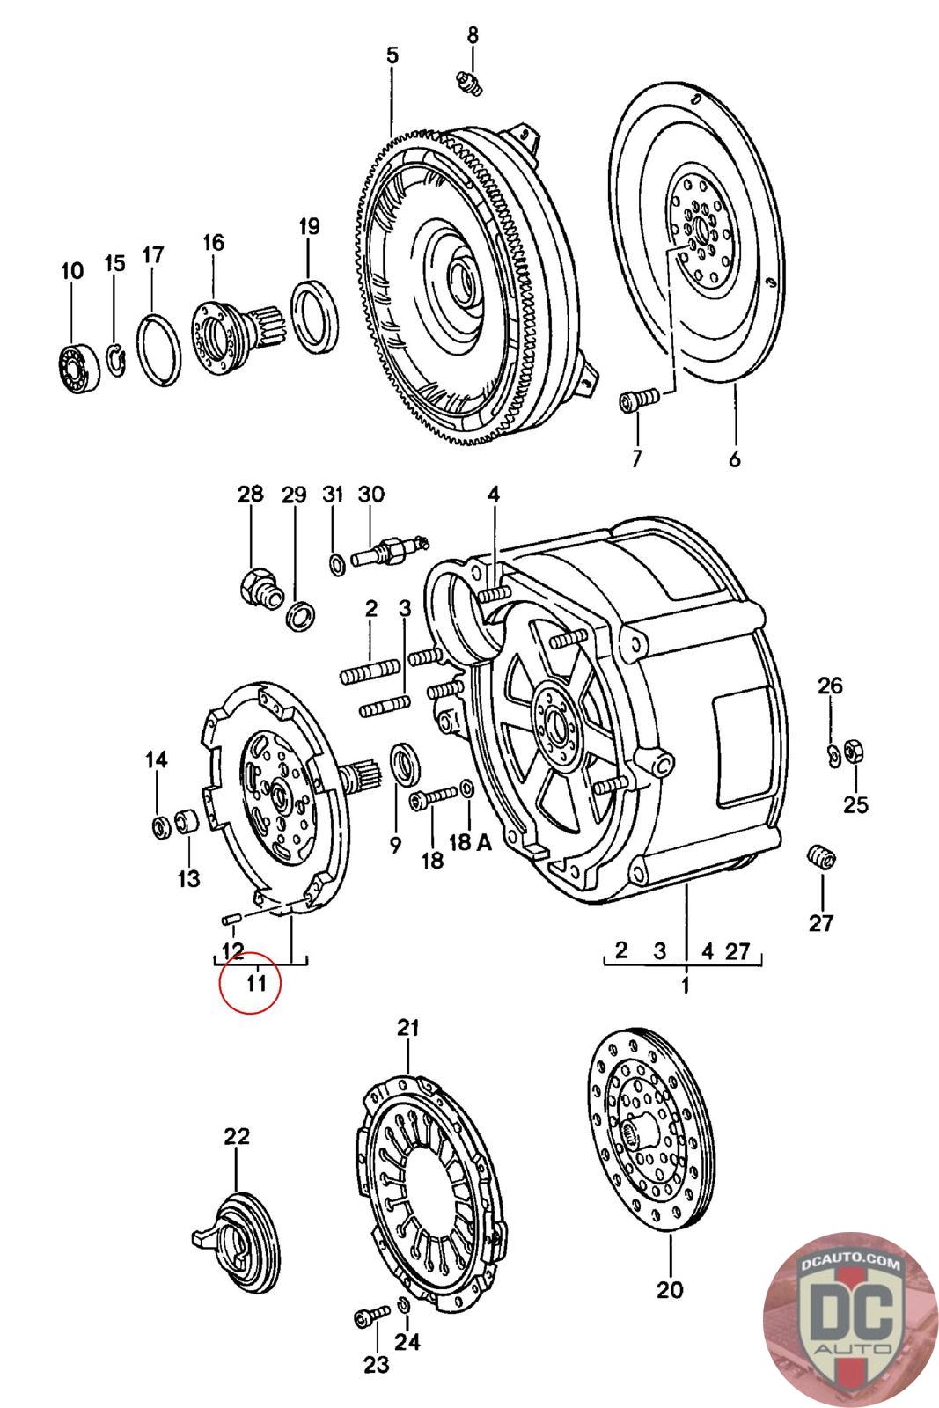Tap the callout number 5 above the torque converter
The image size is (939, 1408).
click(392, 55)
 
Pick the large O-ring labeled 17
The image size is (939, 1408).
click(158, 348)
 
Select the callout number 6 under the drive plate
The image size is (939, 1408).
click(735, 458)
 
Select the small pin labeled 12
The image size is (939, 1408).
click(231, 919)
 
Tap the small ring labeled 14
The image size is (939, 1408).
click(159, 825)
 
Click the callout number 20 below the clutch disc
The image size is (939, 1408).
click(669, 1289)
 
